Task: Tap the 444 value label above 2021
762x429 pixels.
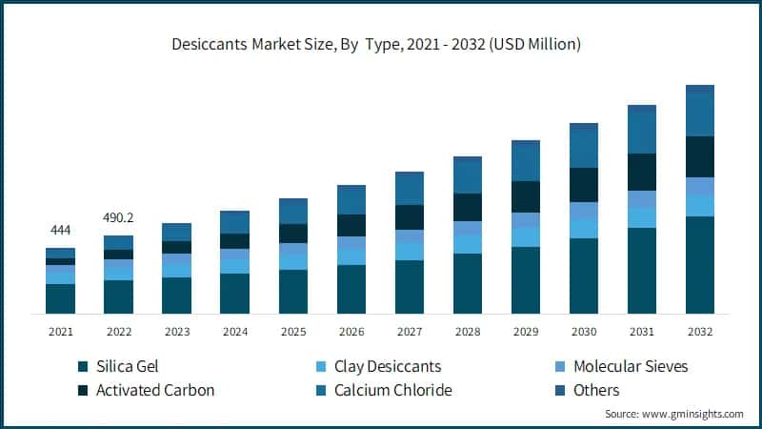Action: (61, 231)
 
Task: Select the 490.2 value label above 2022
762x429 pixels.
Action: (118, 216)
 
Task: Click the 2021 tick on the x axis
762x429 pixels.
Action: (61, 330)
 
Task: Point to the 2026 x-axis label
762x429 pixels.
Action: (351, 330)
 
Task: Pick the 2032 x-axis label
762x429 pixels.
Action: (700, 330)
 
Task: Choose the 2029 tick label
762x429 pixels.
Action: (526, 330)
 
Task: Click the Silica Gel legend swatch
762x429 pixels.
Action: (84, 367)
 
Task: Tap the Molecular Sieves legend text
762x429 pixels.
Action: (630, 367)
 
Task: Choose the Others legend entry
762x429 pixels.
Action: (595, 390)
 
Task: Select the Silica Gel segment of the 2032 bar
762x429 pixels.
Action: (700, 265)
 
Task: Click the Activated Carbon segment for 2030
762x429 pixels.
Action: (584, 185)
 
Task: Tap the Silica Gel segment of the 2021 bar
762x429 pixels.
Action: (61, 298)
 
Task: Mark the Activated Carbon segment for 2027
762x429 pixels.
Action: (410, 217)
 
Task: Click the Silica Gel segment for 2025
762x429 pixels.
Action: (293, 292)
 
